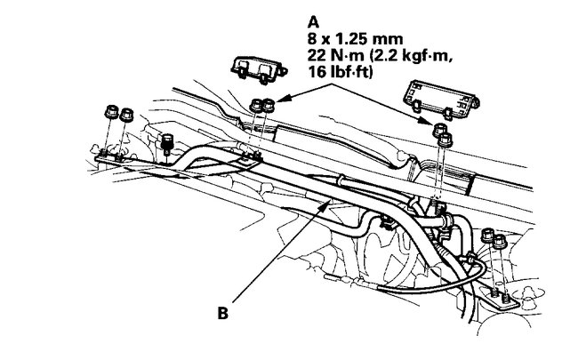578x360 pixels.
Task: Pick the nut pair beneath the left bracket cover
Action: [x=261, y=104]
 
